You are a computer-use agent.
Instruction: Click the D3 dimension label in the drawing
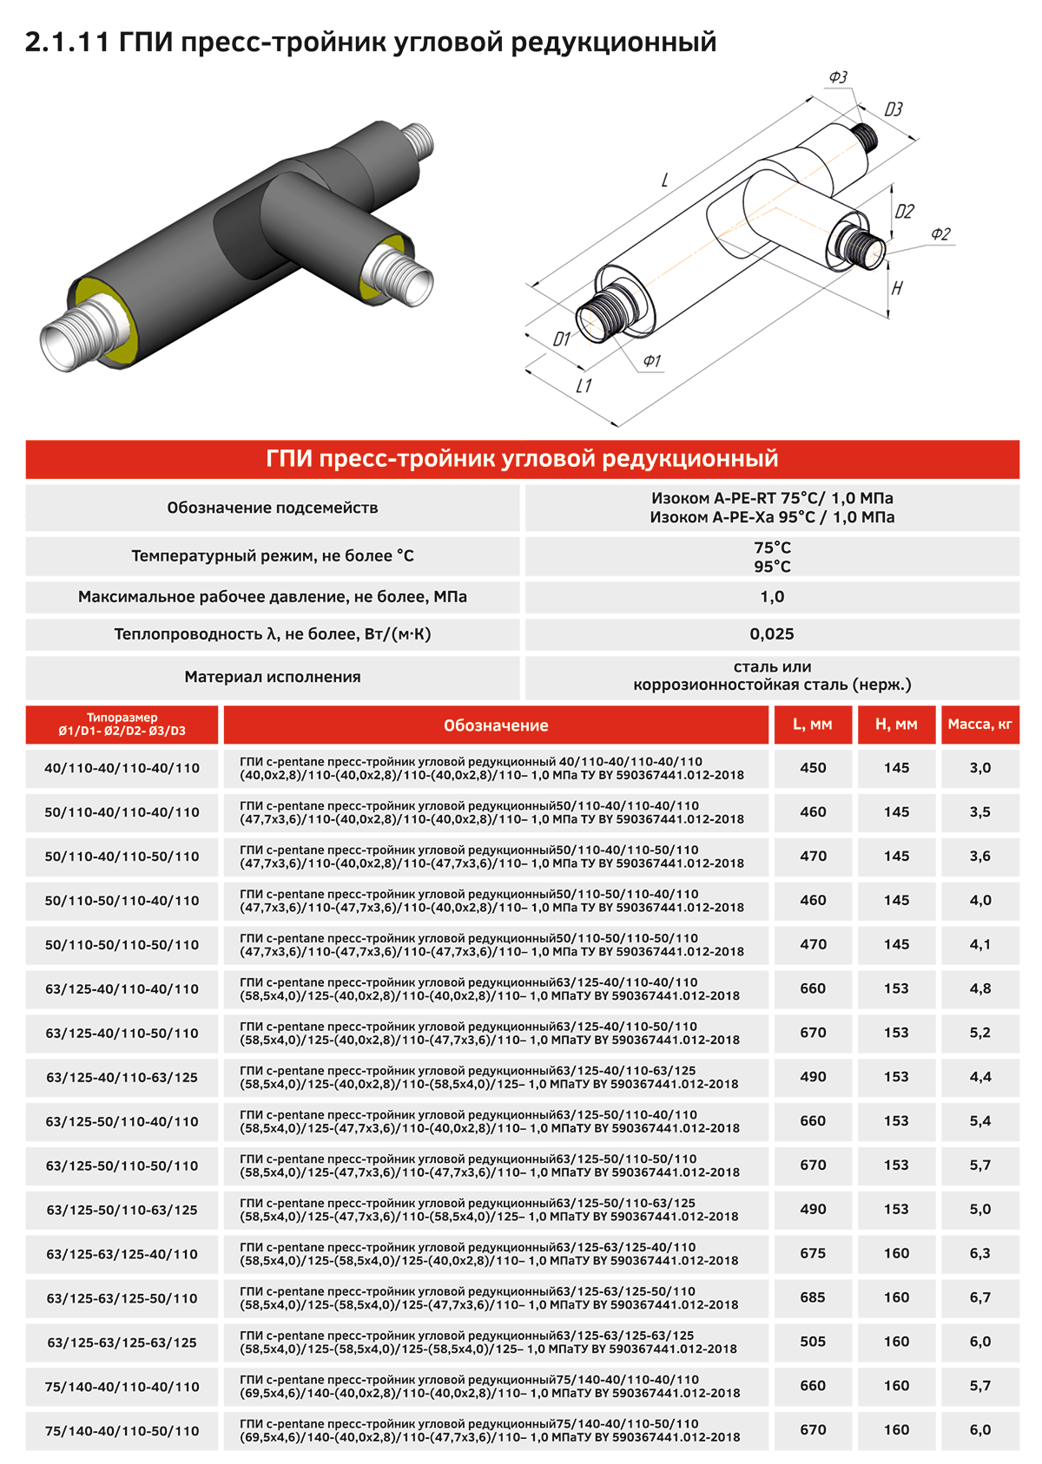click(894, 109)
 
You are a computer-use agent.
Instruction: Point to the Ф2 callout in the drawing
click(940, 234)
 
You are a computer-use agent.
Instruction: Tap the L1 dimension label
click(584, 385)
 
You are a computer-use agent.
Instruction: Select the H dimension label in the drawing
click(897, 288)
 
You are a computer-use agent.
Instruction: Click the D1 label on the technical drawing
click(562, 338)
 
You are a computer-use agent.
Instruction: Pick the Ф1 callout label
click(651, 361)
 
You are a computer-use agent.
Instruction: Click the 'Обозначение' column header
click(496, 725)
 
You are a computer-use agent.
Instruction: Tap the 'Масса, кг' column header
click(979, 724)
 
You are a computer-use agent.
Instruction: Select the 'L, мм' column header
click(812, 724)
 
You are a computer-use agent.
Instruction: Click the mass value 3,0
click(979, 768)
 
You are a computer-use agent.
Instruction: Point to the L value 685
click(813, 1297)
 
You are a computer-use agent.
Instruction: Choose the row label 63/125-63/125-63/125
click(122, 1343)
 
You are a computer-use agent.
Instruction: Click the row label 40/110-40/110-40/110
click(122, 768)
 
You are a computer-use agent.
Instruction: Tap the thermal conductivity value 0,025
click(772, 634)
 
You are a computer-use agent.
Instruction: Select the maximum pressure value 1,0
click(772, 597)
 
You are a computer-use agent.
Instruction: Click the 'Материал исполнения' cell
click(273, 677)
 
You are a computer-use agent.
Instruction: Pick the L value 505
click(813, 1342)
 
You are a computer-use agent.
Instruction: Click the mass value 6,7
click(979, 1297)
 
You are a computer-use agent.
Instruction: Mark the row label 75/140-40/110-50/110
click(122, 1431)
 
